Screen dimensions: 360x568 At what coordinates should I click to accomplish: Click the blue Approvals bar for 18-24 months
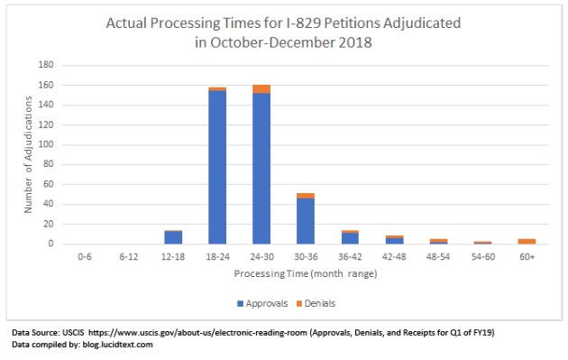(x=217, y=167)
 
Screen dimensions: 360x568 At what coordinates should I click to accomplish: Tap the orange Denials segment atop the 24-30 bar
(x=261, y=88)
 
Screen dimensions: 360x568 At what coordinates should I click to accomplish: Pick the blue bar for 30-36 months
(x=306, y=221)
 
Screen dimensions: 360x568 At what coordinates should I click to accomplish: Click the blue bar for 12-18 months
(x=173, y=237)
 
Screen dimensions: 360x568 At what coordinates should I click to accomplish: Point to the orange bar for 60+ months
(x=527, y=241)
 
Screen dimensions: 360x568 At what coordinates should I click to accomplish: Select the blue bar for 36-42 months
(x=350, y=238)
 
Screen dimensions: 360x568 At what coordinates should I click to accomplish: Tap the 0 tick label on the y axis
(x=59, y=244)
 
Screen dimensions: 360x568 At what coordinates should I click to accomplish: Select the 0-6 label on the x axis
(x=85, y=256)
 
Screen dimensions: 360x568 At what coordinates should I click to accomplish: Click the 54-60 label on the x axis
(x=482, y=256)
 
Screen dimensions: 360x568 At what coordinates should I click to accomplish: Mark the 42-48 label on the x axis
(x=394, y=256)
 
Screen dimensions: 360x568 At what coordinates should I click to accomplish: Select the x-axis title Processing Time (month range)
(x=306, y=272)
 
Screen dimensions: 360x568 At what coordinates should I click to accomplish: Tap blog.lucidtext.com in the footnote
(x=115, y=344)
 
